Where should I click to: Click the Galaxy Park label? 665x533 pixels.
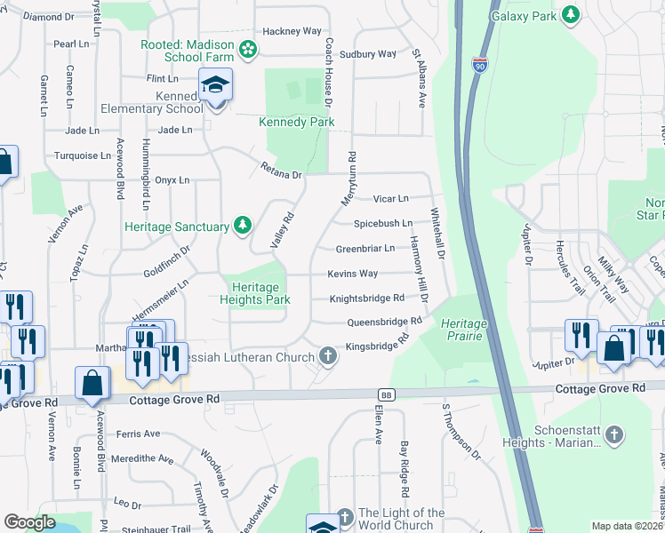click(525, 15)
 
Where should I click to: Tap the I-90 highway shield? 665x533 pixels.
click(479, 67)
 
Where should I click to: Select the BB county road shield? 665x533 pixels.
click(385, 394)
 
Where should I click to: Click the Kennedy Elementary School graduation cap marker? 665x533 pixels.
click(214, 85)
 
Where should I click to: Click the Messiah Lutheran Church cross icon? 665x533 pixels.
click(328, 357)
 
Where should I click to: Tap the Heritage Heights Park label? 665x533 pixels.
click(255, 293)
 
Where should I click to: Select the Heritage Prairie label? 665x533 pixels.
click(463, 330)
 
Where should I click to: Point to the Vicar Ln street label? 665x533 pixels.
click(390, 198)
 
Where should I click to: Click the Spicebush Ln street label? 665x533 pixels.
click(383, 223)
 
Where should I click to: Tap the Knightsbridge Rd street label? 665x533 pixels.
click(367, 298)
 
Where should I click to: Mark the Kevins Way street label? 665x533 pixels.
click(352, 274)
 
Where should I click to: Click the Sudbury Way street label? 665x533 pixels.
click(374, 54)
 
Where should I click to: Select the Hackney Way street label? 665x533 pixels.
click(298, 30)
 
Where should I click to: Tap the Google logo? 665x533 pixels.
click(29, 522)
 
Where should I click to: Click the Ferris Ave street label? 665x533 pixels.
click(138, 434)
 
